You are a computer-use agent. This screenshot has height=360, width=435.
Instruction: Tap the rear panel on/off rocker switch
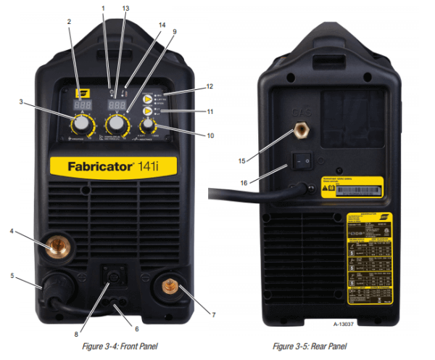(x=300, y=158)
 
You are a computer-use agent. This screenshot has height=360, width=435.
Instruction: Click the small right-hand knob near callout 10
(x=148, y=126)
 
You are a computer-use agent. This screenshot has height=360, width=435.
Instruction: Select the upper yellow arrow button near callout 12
(x=147, y=99)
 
